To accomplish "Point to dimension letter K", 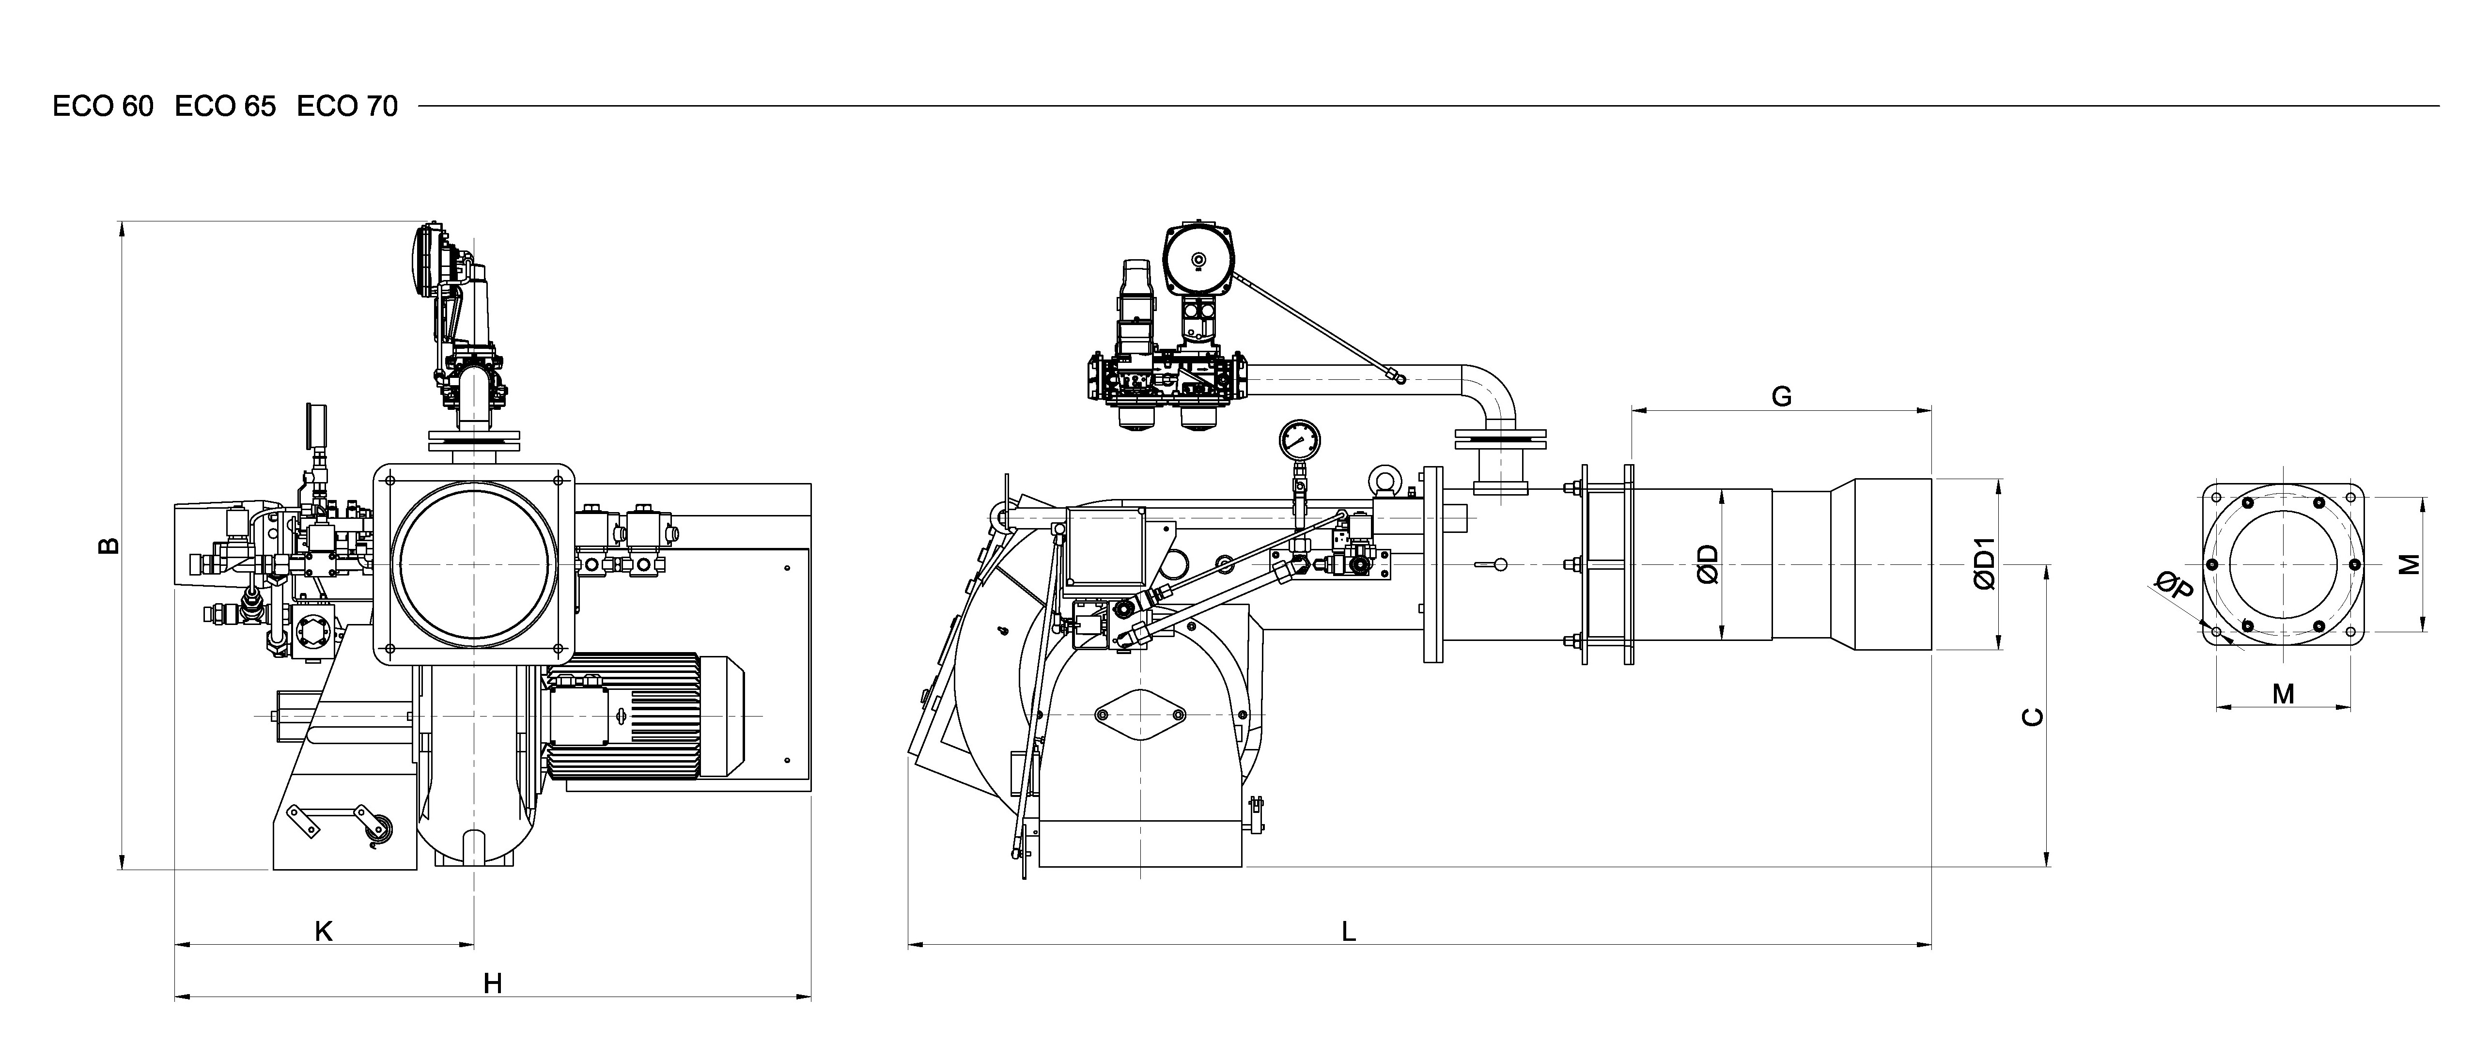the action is click(324, 931).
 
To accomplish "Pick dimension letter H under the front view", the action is click(493, 983).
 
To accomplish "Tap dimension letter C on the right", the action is click(2032, 717).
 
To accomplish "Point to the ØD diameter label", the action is click(1708, 565).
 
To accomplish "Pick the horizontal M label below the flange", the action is click(2283, 693).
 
